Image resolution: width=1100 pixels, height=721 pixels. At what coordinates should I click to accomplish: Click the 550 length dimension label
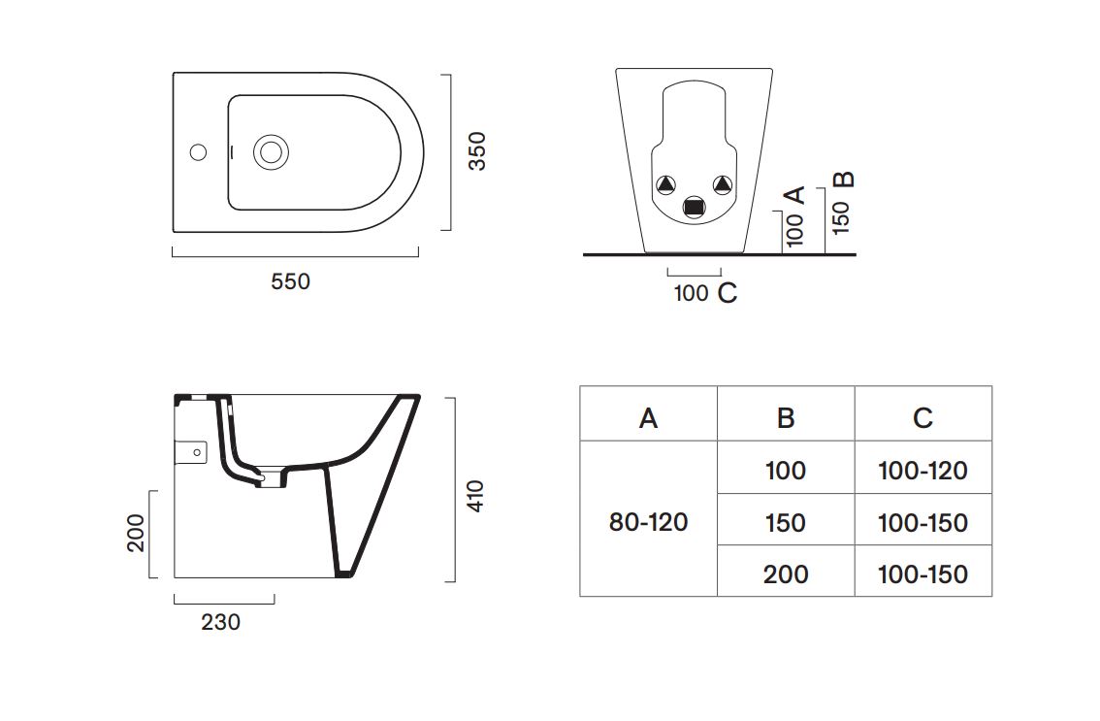(x=290, y=281)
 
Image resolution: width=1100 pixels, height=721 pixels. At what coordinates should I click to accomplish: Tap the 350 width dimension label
(x=477, y=150)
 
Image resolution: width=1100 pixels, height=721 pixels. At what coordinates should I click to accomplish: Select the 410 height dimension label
(x=476, y=496)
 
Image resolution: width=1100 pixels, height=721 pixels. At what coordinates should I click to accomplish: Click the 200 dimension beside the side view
(x=136, y=532)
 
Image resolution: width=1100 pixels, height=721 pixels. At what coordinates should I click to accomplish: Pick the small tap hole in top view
(x=198, y=152)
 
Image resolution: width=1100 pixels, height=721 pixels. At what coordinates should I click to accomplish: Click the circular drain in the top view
(x=270, y=152)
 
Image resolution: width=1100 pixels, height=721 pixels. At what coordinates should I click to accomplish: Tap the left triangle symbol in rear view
(x=666, y=184)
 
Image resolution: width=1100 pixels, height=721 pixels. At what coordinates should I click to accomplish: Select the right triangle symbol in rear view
(x=721, y=184)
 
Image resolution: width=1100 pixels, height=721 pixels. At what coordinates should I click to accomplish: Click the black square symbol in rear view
(x=694, y=206)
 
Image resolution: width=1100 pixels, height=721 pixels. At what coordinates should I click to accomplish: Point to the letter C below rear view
(x=728, y=293)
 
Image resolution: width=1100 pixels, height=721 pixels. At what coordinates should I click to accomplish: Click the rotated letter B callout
(x=845, y=180)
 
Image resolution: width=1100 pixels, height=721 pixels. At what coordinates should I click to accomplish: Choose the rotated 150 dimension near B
(x=842, y=216)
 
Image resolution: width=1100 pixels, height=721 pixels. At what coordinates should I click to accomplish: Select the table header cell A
(x=648, y=417)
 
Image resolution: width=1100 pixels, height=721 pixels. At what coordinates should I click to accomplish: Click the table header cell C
(x=922, y=417)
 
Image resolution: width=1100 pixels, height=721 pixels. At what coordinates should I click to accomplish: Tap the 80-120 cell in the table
(x=648, y=522)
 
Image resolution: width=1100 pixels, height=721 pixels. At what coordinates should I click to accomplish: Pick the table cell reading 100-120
(x=922, y=471)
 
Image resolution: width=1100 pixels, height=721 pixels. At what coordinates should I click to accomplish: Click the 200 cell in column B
(x=785, y=574)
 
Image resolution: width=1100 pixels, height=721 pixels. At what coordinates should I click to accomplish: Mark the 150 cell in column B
(x=785, y=523)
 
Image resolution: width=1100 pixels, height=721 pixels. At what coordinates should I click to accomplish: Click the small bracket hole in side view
(x=198, y=452)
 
